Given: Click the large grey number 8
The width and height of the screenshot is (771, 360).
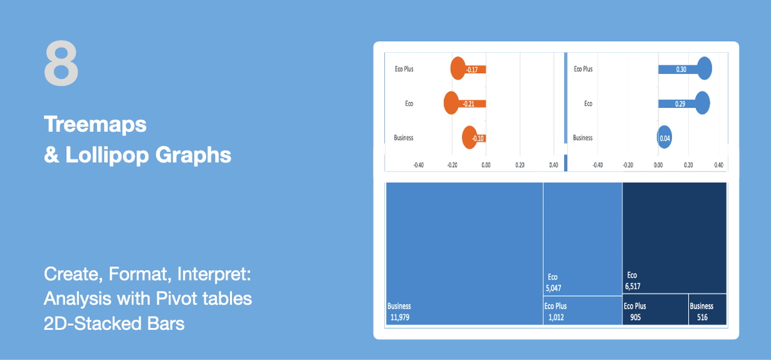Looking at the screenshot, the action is coord(61,63).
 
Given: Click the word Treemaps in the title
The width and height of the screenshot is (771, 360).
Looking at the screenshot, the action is coord(95,125).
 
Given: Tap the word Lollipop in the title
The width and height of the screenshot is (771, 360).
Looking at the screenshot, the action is coord(107,155).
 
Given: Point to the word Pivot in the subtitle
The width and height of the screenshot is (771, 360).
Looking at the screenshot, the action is coord(176,298).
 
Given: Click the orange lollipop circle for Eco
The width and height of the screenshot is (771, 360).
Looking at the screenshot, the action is coord(451,103).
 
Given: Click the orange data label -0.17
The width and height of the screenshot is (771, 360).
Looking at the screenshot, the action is coord(472,69).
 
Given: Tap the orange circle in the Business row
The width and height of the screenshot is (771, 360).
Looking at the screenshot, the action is coord(470,138).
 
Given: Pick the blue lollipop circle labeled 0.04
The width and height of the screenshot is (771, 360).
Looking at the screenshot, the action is coord(664,137).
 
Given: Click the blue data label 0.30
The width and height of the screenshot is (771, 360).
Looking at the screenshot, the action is coord(681,69).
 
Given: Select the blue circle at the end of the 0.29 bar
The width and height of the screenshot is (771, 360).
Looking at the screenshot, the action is coord(702,103).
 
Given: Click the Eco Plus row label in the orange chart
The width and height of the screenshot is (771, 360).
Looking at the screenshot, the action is coord(404,69).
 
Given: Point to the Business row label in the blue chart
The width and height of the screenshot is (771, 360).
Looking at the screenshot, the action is coord(583,138).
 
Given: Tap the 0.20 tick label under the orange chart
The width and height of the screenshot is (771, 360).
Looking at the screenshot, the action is coord(520,165).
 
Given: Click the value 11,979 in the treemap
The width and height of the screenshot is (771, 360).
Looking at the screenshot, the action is coord(400,318).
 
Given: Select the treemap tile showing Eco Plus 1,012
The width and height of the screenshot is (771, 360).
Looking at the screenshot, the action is coord(583,310).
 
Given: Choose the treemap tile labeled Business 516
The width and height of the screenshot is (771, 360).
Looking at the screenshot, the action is coord(707,309).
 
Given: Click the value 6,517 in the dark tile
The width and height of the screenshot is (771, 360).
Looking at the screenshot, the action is coord(633,286).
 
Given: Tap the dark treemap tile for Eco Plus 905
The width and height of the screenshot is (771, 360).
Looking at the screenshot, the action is coord(655,309).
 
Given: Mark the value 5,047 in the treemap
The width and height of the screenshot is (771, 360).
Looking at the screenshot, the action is coord(553,288).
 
